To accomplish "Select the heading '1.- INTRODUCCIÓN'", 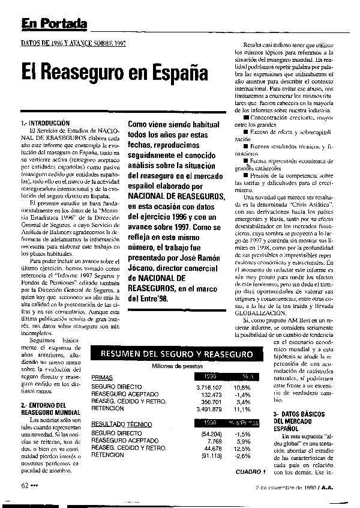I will pyautogui.click(x=46, y=123).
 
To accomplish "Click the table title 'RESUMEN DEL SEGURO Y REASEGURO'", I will pyautogui.click(x=176, y=354).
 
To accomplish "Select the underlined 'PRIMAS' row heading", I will pyautogui.click(x=103, y=377).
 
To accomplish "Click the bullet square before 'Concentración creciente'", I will pyautogui.click(x=238, y=118).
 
